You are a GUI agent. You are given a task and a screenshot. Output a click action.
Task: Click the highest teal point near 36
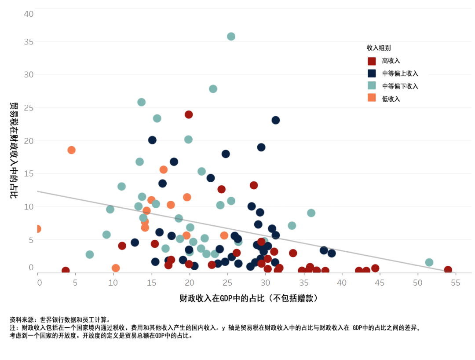coord(231,37)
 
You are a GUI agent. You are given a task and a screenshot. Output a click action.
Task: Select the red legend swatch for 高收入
coord(372,61)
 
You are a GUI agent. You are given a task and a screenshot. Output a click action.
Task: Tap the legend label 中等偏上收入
coord(400,73)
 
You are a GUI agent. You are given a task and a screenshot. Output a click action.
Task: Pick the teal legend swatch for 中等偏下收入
coord(372,86)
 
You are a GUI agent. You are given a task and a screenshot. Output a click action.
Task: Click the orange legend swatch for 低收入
coord(372,99)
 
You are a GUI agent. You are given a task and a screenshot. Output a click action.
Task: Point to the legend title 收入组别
coord(379,48)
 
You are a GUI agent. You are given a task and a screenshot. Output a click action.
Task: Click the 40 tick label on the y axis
coord(29,14)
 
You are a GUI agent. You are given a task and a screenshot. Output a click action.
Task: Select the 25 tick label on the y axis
coord(29,108)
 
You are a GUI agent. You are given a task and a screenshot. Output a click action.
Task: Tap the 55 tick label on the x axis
coord(455,283)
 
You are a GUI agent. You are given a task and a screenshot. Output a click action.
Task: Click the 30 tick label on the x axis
coord(265,283)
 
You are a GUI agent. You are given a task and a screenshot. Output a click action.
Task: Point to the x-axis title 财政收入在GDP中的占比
coord(248,298)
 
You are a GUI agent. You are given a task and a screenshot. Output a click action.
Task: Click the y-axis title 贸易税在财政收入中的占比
coord(14,150)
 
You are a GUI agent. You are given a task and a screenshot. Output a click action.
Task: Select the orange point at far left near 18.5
coord(71,150)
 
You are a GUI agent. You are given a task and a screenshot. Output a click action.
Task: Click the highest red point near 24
coord(189,114)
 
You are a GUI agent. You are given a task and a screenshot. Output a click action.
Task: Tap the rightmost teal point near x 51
coord(429,262)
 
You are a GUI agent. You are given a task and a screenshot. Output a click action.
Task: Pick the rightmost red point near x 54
coord(448,270)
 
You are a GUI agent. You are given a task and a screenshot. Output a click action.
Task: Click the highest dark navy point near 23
coord(276,120)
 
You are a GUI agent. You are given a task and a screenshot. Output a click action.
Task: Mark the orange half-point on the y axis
coord(38,229)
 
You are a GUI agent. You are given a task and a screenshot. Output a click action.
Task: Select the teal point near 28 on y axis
coord(213,89)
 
